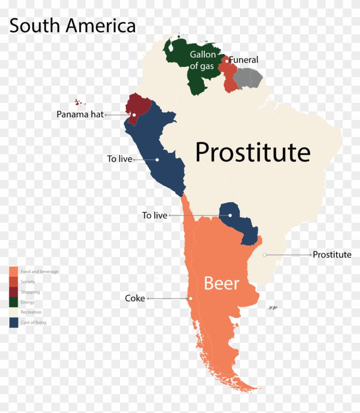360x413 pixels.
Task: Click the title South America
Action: click(72, 26)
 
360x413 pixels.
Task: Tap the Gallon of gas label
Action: click(203, 60)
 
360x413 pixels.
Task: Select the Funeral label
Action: click(243, 60)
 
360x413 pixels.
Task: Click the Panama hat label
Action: click(80, 114)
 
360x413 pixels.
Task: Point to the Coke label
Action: click(135, 298)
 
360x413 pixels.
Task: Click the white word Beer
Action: click(221, 283)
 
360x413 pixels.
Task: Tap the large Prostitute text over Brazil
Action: click(252, 152)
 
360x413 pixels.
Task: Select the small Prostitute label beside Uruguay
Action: click(332, 254)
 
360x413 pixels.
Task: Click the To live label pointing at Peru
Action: click(120, 159)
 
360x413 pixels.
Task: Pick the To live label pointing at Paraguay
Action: click(154, 215)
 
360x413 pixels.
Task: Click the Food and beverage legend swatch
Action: click(14, 272)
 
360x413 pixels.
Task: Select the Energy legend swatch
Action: click(14, 302)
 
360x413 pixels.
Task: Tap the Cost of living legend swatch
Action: click(14, 323)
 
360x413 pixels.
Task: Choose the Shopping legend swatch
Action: click(14, 292)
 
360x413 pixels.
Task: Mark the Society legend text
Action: click(28, 282)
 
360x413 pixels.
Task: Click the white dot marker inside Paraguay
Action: click(230, 215)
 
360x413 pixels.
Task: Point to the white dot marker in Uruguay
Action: click(265, 255)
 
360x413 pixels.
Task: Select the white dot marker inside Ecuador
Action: click(134, 115)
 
